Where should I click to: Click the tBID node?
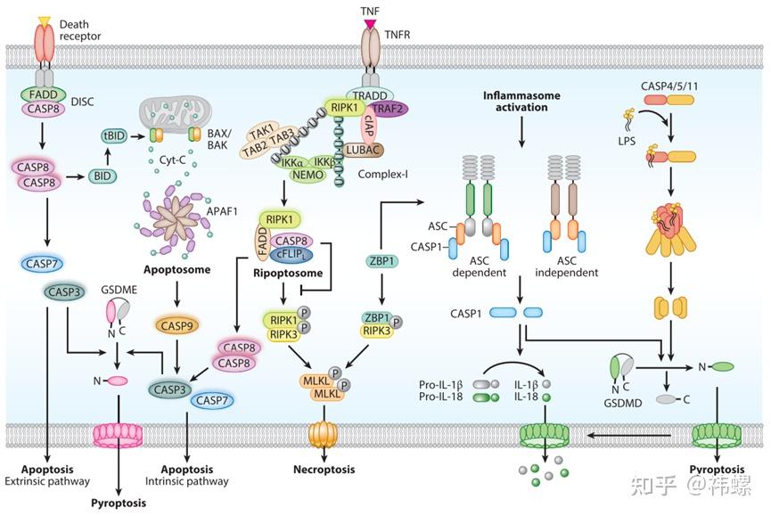point(114,136)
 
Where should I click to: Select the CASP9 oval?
point(177,325)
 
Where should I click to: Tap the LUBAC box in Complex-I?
point(364,150)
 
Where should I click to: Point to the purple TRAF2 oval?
point(389,109)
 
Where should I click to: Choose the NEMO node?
point(308,175)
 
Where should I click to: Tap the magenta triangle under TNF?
point(370,23)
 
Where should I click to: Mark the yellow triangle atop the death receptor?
point(45,20)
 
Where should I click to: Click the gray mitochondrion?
point(175,117)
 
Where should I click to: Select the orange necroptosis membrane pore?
point(324,434)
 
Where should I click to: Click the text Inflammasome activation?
point(521,102)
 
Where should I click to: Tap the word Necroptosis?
point(324,470)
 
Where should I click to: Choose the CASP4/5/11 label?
point(669,86)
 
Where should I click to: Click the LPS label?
point(627,141)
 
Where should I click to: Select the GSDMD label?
point(622,403)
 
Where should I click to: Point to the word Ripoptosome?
point(288,274)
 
